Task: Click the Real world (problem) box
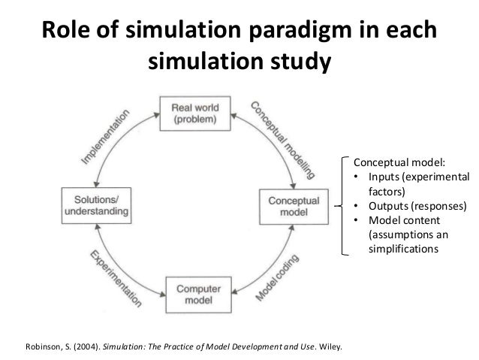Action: click(194, 112)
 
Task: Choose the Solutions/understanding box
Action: click(95, 202)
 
